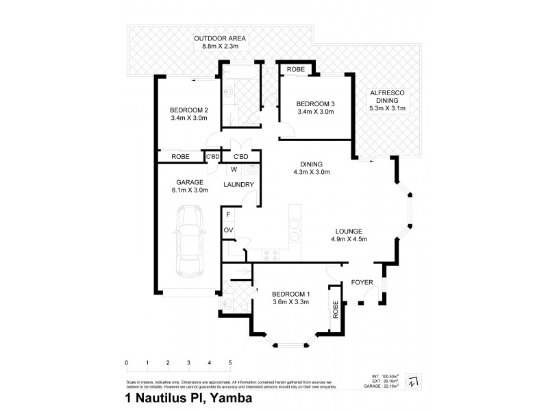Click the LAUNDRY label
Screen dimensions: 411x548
coord(239,185)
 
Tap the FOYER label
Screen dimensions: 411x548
coord(361,281)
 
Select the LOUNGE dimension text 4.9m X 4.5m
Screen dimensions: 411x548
coord(350,240)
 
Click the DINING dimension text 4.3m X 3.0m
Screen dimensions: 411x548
coord(311,172)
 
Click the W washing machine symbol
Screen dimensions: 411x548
coord(234,169)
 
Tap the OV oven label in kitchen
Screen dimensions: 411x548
coord(227,229)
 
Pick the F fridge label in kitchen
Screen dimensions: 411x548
coord(227,214)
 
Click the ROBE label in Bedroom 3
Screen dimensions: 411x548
coord(296,70)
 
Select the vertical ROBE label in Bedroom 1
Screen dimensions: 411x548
coord(336,310)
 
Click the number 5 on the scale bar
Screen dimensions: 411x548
coord(230,362)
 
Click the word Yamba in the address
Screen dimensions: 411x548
coord(228,397)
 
